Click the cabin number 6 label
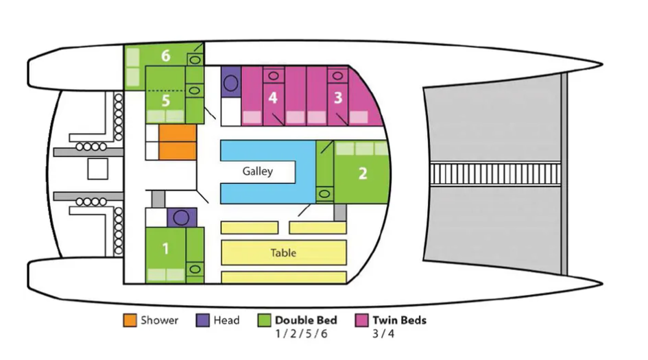tap(166, 56)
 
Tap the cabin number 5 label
tap(166, 101)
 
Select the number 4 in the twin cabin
tap(273, 98)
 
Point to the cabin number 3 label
tap(337, 97)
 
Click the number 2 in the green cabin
tap(363, 173)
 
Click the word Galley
tap(258, 171)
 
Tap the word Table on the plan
tap(283, 253)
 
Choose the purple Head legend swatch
tap(202, 320)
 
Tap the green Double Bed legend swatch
tap(264, 320)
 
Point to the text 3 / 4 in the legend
tap(384, 334)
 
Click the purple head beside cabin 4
tap(230, 82)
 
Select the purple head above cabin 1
tap(181, 217)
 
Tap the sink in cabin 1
tap(195, 269)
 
